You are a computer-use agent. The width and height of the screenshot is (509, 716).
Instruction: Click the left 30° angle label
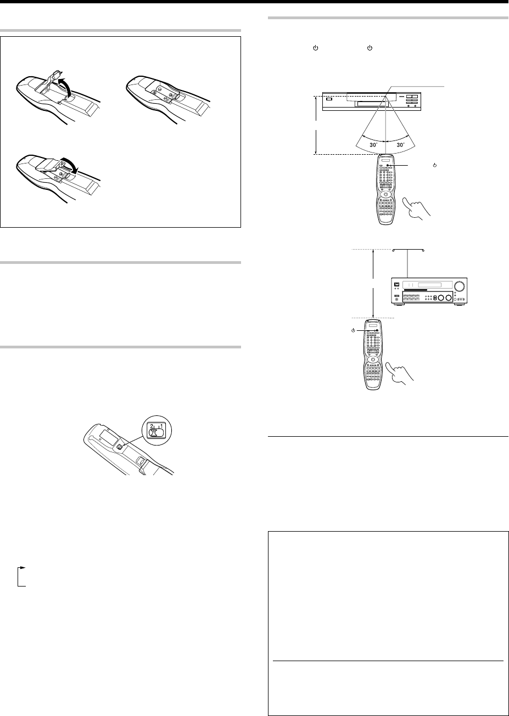[x=374, y=145]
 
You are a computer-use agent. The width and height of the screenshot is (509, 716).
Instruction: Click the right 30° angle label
[x=400, y=145]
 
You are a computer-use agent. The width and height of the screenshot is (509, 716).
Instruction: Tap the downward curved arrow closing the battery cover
[x=72, y=167]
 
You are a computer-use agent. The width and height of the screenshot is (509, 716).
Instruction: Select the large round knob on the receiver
[x=459, y=286]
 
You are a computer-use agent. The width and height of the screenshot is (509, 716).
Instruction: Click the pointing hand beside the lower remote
[x=400, y=372]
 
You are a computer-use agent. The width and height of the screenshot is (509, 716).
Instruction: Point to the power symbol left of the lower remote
[x=353, y=330]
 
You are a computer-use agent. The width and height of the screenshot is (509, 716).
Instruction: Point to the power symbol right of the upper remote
[x=435, y=165]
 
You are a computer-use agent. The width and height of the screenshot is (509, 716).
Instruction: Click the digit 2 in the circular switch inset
[x=152, y=426]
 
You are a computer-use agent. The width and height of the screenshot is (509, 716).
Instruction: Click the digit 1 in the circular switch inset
[x=161, y=426]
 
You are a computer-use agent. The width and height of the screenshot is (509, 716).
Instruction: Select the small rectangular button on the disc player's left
[x=329, y=99]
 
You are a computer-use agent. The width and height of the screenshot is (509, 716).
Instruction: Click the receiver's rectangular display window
[x=427, y=285]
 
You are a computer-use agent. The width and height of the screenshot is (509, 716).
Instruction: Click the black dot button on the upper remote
[x=387, y=165]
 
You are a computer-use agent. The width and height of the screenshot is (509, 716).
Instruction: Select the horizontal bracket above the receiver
[x=408, y=250]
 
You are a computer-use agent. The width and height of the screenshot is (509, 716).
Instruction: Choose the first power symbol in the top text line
[x=315, y=48]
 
